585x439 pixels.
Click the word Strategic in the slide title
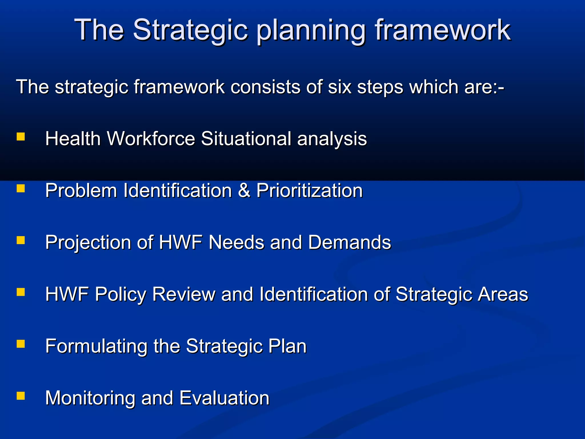tap(190, 30)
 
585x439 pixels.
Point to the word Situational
tap(246, 139)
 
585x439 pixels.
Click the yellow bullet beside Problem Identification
tap(21, 189)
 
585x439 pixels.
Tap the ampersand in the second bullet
tap(244, 190)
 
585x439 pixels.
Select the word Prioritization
tap(309, 190)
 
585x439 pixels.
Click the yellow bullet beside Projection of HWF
tap(21, 240)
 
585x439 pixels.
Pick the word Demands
tap(349, 242)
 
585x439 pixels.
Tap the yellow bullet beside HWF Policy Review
tap(21, 292)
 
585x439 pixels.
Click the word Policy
tap(120, 294)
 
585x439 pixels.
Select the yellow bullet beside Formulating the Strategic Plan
tap(21, 344)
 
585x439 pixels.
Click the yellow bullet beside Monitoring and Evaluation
tap(21, 396)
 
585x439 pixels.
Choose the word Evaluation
tap(225, 398)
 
